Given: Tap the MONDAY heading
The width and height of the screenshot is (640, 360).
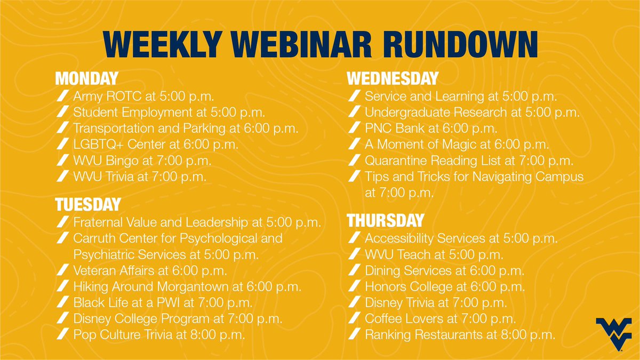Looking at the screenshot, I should (86, 79).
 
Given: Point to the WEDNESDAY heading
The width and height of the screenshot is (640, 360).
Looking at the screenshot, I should (393, 79).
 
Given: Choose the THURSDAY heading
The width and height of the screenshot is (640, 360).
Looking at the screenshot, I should (386, 220).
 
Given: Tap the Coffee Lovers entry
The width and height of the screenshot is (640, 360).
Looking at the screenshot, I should (441, 319).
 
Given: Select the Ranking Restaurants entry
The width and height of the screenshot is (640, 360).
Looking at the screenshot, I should (460, 335).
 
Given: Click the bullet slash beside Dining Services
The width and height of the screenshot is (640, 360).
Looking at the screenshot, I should (354, 270).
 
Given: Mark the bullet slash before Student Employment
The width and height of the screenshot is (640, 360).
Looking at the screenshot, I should (63, 112).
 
